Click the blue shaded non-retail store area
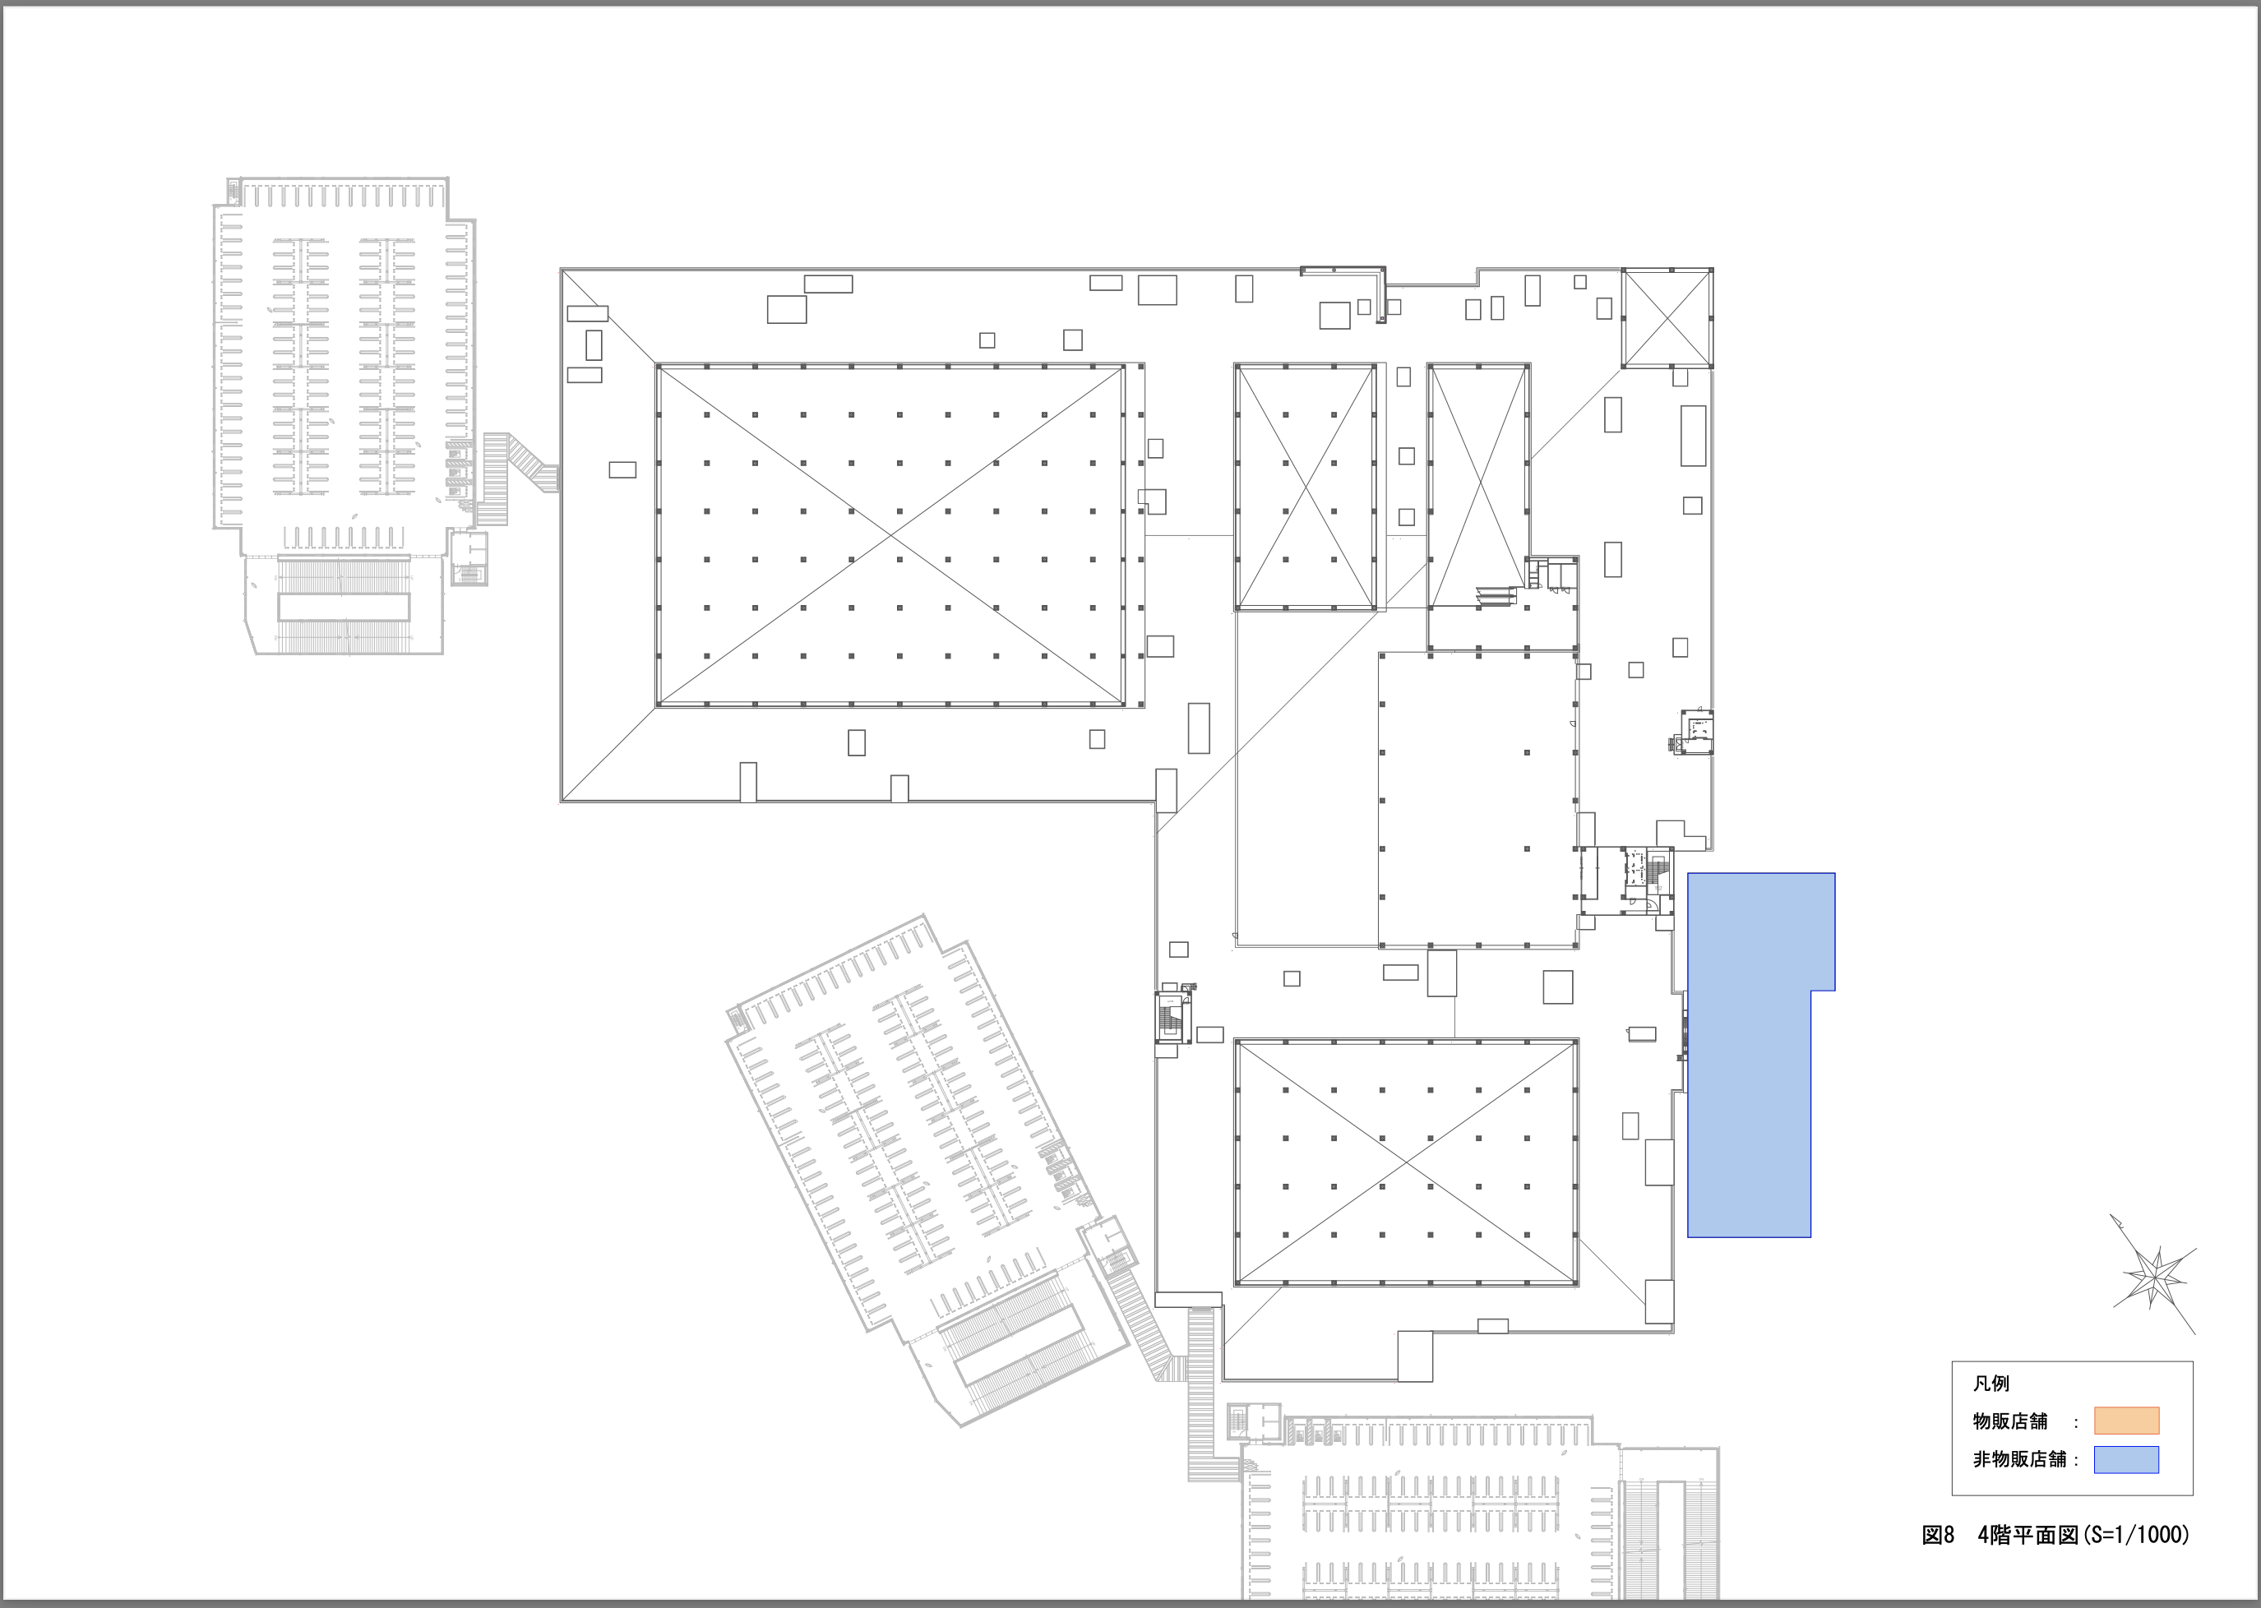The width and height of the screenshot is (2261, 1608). tap(1748, 1055)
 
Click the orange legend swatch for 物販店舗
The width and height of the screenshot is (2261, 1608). tap(2126, 1421)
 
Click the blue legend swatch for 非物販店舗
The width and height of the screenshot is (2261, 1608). tap(2126, 1459)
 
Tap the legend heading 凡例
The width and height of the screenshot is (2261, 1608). tap(1991, 1384)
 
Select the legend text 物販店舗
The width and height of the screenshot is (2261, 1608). tap(2009, 1421)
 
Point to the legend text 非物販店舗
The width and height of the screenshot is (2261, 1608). tap(2019, 1459)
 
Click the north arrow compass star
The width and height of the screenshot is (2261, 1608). tap(2155, 1273)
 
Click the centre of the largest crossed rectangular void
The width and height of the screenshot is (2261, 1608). tap(890, 534)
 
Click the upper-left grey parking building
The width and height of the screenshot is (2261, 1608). tap(344, 416)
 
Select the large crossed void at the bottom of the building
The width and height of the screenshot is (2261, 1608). tap(1406, 1162)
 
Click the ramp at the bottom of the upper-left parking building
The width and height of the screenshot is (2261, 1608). tap(343, 605)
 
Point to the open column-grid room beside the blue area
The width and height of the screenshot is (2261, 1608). tap(1478, 799)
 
